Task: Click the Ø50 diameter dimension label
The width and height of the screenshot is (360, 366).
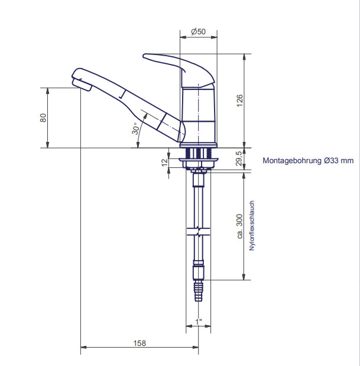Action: point(198,31)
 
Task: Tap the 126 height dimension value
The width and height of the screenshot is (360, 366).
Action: point(239,101)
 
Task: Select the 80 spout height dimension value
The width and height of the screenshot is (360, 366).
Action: point(43,118)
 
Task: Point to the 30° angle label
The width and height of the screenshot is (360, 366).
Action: point(135,129)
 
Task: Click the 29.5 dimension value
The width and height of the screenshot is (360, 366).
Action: point(239,158)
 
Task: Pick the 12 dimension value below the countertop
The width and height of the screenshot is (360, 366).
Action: point(165,162)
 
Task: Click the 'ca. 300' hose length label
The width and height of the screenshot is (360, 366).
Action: point(239,226)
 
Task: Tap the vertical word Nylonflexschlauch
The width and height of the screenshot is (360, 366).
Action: point(251,225)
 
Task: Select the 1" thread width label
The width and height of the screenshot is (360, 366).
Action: point(199,322)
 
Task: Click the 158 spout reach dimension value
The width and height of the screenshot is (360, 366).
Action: point(140,343)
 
